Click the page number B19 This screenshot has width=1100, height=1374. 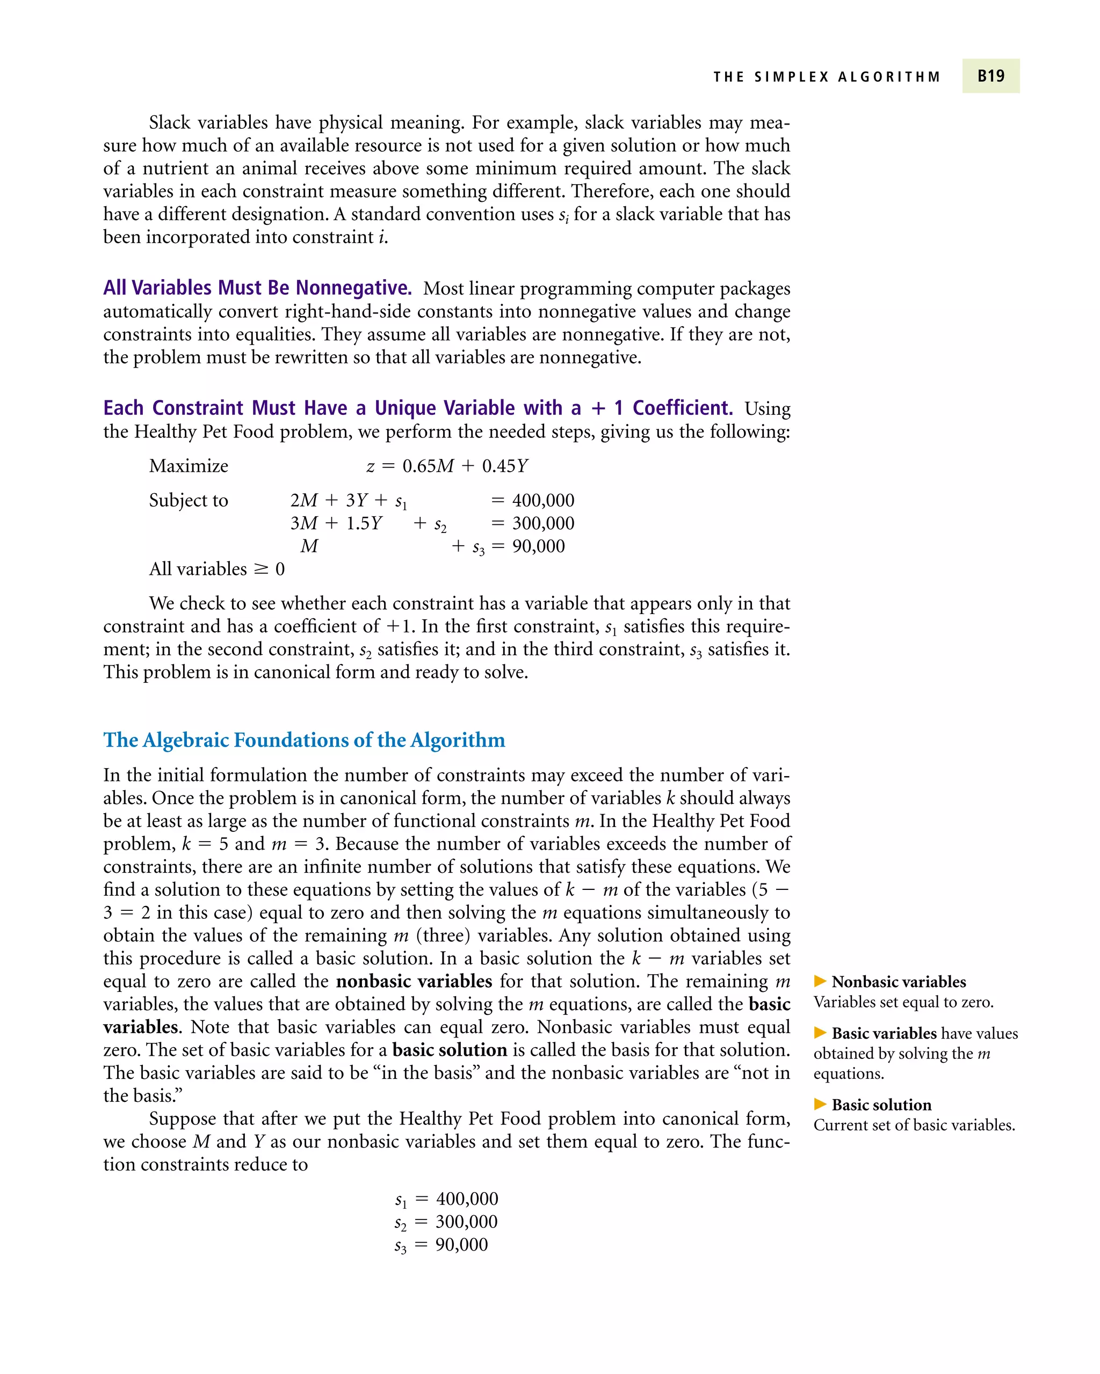pyautogui.click(x=990, y=76)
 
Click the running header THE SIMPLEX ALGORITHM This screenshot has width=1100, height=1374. pyautogui.click(x=827, y=77)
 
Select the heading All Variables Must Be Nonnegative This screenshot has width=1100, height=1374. pyautogui.click(x=257, y=288)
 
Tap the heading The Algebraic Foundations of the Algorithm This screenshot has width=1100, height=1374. pyautogui.click(x=304, y=740)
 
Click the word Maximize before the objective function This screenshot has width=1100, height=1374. pyautogui.click(x=189, y=466)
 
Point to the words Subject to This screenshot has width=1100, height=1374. pyautogui.click(x=189, y=500)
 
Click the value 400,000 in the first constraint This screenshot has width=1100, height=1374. pyautogui.click(x=542, y=500)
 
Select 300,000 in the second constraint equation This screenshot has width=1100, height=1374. pyautogui.click(x=542, y=523)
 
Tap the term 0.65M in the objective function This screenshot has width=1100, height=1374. pyautogui.click(x=428, y=466)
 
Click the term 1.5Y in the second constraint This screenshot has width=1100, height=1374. pyautogui.click(x=364, y=523)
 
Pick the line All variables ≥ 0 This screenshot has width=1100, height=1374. pyautogui.click(x=217, y=569)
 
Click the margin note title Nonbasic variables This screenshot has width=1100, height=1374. pyautogui.click(x=898, y=982)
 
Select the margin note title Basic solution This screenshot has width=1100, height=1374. pyautogui.click(x=881, y=1105)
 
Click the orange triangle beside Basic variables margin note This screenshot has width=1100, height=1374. pyautogui.click(x=820, y=1033)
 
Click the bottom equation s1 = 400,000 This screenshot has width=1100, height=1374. pyautogui.click(x=446, y=1198)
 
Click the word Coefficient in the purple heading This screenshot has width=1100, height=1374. pyautogui.click(x=682, y=408)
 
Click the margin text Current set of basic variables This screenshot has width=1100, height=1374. pyautogui.click(x=914, y=1125)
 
